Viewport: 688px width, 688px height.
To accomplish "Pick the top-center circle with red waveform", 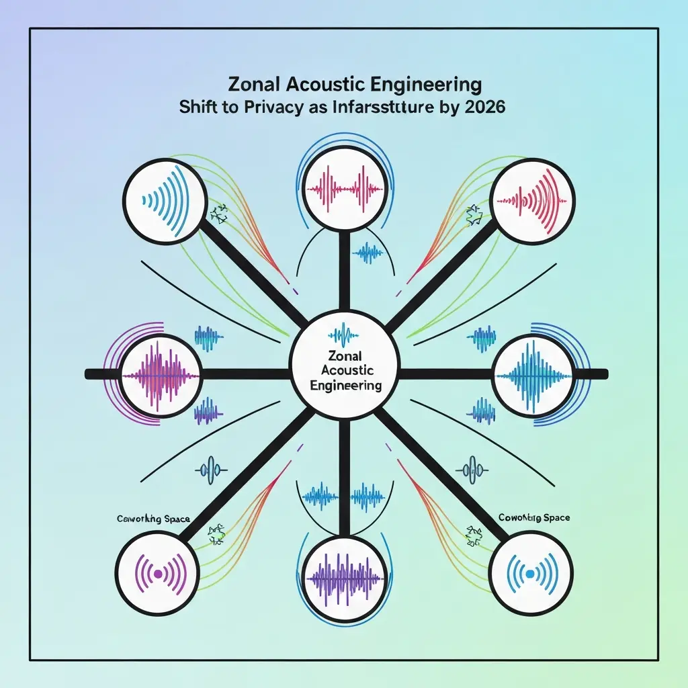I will pyautogui.click(x=344, y=185).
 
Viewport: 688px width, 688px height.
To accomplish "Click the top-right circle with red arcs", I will pyautogui.click(x=532, y=200).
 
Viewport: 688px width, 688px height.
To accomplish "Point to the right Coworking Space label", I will pyautogui.click(x=534, y=518).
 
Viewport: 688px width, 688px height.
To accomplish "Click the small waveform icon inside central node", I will pyautogui.click(x=344, y=333).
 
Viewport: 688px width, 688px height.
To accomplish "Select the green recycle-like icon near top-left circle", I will pyautogui.click(x=218, y=214).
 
